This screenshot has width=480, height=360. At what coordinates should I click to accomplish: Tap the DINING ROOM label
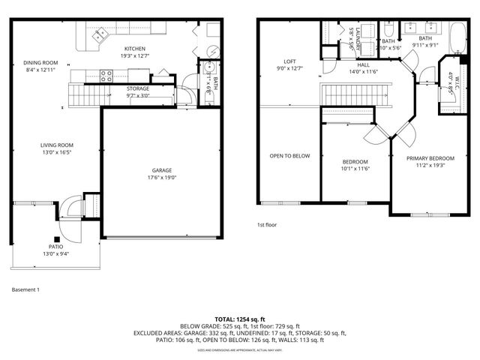40,62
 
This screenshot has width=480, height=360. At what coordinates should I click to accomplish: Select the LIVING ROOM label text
56,145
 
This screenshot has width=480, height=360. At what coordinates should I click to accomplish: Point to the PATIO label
56,246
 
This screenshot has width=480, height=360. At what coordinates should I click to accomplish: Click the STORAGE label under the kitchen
137,88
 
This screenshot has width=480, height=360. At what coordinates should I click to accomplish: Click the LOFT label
289,61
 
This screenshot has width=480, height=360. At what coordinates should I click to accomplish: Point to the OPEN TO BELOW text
289,156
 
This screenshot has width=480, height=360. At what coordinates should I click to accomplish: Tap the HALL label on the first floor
363,65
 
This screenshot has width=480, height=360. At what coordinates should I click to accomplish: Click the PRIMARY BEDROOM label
430,158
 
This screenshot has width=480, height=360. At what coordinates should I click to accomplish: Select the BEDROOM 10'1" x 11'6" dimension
355,169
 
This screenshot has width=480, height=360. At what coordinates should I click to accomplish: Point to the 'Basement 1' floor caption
25,289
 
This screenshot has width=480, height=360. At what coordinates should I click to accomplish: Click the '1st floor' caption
268,224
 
